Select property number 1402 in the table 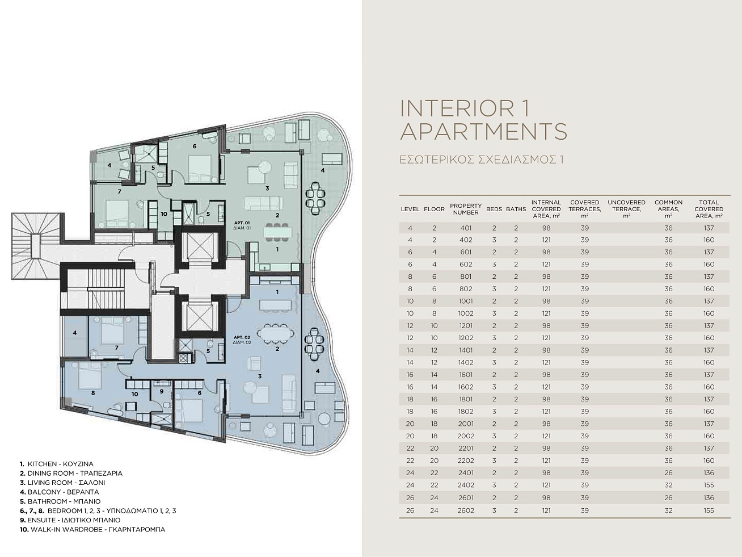click(466, 362)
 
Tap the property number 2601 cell click(466, 497)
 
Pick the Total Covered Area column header click(709, 209)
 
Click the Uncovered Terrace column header click(626, 209)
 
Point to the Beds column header click(494, 209)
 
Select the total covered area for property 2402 click(709, 485)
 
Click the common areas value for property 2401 click(668, 473)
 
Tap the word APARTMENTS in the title click(484, 132)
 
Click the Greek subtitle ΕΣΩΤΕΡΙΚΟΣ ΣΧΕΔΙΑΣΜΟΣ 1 click(482, 160)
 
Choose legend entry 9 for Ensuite click(70, 520)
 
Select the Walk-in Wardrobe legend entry click(92, 529)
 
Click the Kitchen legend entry click(57, 464)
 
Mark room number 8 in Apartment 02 click(93, 393)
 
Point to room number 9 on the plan click(162, 391)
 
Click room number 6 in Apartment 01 click(195, 146)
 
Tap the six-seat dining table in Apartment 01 click(277, 232)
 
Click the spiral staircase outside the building click(37, 246)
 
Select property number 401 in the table click(466, 228)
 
